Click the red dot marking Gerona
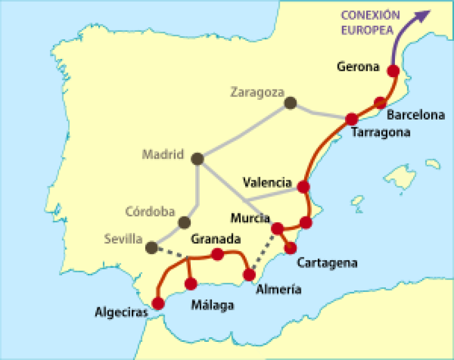(x=392, y=71)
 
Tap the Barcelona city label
(x=415, y=116)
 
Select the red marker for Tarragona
(x=351, y=119)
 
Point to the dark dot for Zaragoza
(x=291, y=103)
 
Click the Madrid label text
(x=163, y=154)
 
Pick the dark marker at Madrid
(x=197, y=159)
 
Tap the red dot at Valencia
(x=303, y=187)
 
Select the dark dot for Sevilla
(x=152, y=247)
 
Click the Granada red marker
(x=217, y=254)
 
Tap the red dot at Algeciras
(x=158, y=303)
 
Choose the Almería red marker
(x=249, y=275)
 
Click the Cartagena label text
(x=327, y=263)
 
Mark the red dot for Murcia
(x=278, y=228)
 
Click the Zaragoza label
(x=256, y=92)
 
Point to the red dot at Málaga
(x=191, y=283)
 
